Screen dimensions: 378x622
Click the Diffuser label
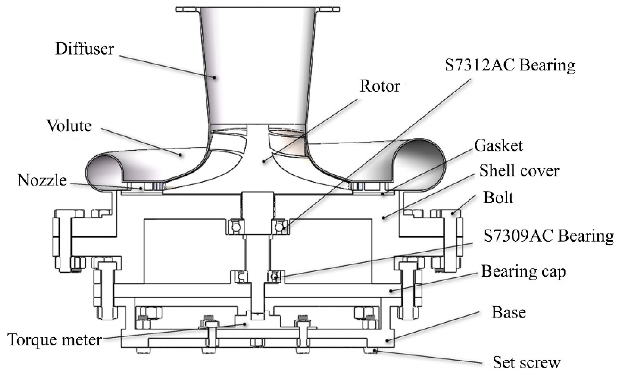point(85,49)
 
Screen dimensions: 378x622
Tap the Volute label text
point(69,126)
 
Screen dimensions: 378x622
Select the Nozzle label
point(42,180)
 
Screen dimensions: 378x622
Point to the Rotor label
point(380,86)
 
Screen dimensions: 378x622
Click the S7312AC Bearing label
point(510,65)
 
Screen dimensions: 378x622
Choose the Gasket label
point(499,146)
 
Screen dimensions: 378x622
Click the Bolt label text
point(498,197)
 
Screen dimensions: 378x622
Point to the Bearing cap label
point(524,271)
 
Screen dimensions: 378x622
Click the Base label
point(509,312)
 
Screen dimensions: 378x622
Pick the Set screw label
point(527,363)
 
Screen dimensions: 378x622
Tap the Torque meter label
point(55,340)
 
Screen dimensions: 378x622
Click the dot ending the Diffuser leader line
point(214,77)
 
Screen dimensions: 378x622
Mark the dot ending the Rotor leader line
point(264,161)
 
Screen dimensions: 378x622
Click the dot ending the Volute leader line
point(180,155)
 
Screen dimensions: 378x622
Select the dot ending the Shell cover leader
point(384,217)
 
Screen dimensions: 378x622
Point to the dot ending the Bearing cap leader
point(391,291)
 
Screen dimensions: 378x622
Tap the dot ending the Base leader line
point(387,341)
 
